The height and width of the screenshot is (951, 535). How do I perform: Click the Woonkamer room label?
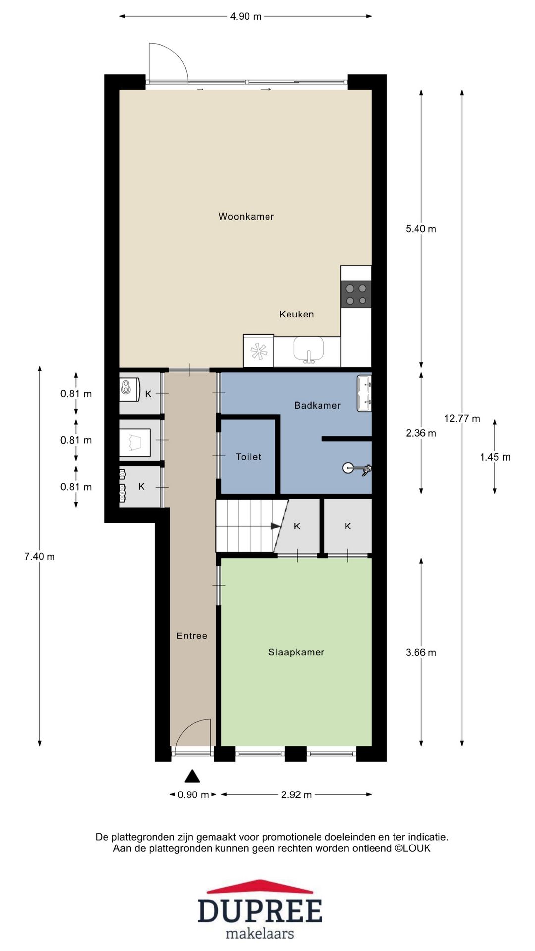246,216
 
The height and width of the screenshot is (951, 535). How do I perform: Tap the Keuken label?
296,314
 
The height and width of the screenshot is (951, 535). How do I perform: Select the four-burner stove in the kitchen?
356,294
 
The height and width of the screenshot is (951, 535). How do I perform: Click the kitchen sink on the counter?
309,349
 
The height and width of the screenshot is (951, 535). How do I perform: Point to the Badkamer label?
318,405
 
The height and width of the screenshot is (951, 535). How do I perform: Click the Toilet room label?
248,457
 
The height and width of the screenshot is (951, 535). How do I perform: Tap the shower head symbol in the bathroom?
357,468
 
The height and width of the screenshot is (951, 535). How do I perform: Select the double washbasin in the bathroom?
364,393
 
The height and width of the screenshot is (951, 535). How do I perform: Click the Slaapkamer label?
296,652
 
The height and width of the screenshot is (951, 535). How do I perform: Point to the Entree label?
192,636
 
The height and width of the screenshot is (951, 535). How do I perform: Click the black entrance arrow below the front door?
192,776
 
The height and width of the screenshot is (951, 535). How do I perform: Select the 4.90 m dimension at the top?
246,16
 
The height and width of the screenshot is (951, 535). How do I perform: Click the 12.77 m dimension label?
462,418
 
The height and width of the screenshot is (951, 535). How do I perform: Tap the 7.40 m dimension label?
40,556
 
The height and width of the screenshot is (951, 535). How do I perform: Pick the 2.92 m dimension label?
296,794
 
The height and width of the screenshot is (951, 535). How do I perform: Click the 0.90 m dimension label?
193,794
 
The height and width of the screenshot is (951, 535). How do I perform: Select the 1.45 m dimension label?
495,457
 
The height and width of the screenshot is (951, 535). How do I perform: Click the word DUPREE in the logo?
260,911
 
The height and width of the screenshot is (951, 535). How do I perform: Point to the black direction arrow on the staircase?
276,526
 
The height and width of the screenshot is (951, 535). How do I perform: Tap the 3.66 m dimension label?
421,652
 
